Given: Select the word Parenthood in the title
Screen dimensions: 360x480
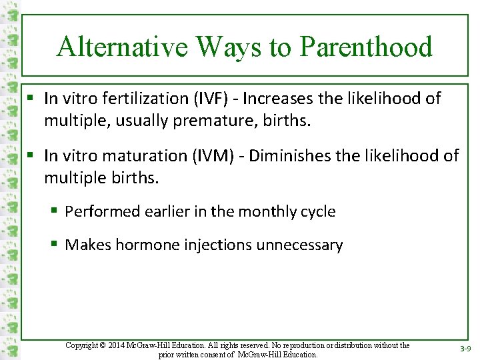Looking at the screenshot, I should click(366, 47).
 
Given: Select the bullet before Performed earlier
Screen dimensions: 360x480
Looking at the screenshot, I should click(55, 212).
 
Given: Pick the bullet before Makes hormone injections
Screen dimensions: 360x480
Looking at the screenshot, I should click(55, 245).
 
